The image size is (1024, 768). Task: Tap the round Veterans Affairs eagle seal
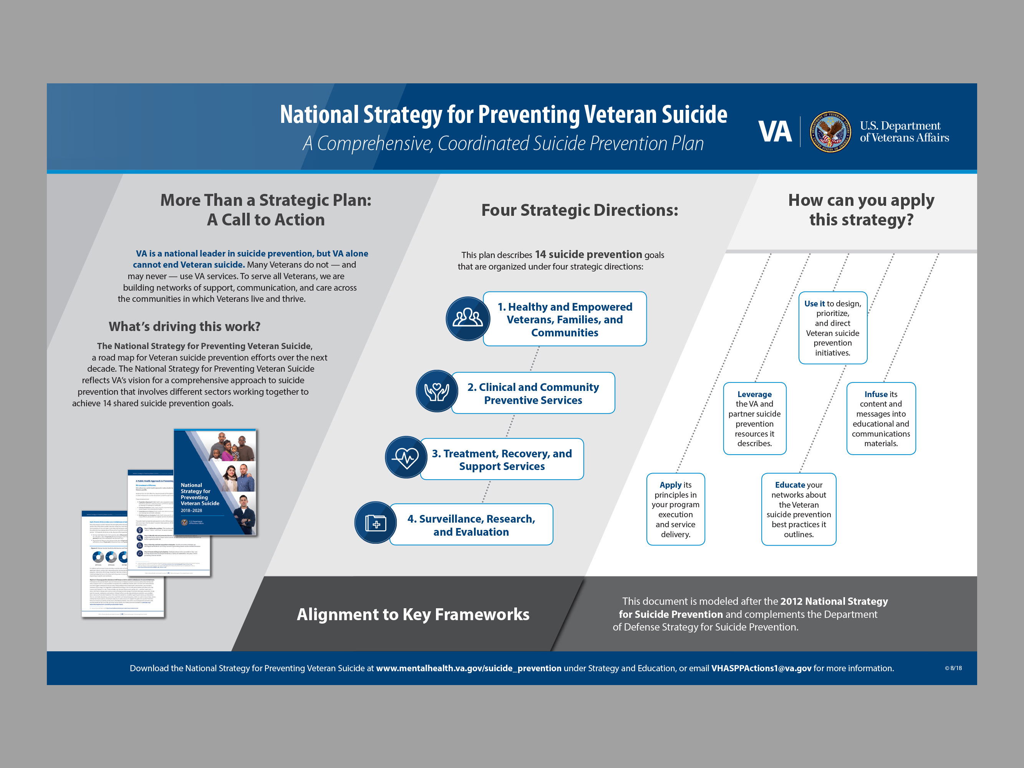[x=830, y=132]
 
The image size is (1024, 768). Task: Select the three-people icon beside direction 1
[x=467, y=318]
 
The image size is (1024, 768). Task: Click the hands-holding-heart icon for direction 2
[x=437, y=392]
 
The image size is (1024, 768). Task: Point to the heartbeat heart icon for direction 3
[x=406, y=458]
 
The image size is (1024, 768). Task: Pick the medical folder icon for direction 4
[x=375, y=523]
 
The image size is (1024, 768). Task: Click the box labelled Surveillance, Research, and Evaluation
[x=471, y=525]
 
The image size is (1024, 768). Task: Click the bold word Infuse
[x=875, y=394]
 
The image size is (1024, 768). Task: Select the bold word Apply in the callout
[x=671, y=485]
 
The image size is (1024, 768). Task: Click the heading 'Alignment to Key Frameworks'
[x=413, y=614]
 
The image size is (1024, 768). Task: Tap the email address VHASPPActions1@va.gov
[x=761, y=668]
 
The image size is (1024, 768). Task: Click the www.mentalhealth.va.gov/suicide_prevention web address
[x=469, y=668]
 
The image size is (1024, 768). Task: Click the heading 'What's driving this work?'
[x=184, y=326]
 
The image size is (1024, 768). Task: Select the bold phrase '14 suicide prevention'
[x=588, y=254]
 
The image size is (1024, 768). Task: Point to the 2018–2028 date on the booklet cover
[x=191, y=511]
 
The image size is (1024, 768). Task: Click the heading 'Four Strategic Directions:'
[x=580, y=210]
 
